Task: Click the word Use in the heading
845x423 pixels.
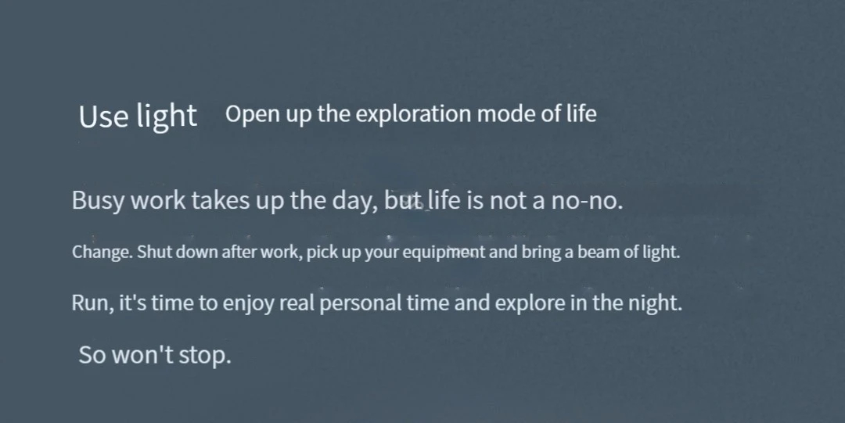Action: click(103, 116)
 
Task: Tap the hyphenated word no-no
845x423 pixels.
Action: click(587, 201)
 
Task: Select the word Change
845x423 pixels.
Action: click(102, 253)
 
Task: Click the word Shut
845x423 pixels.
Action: click(154, 252)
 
